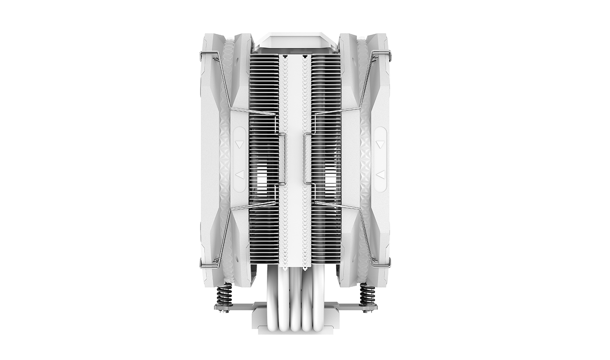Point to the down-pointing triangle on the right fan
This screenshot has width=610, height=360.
coord(380,144)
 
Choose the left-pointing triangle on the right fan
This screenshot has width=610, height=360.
coord(380,174)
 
